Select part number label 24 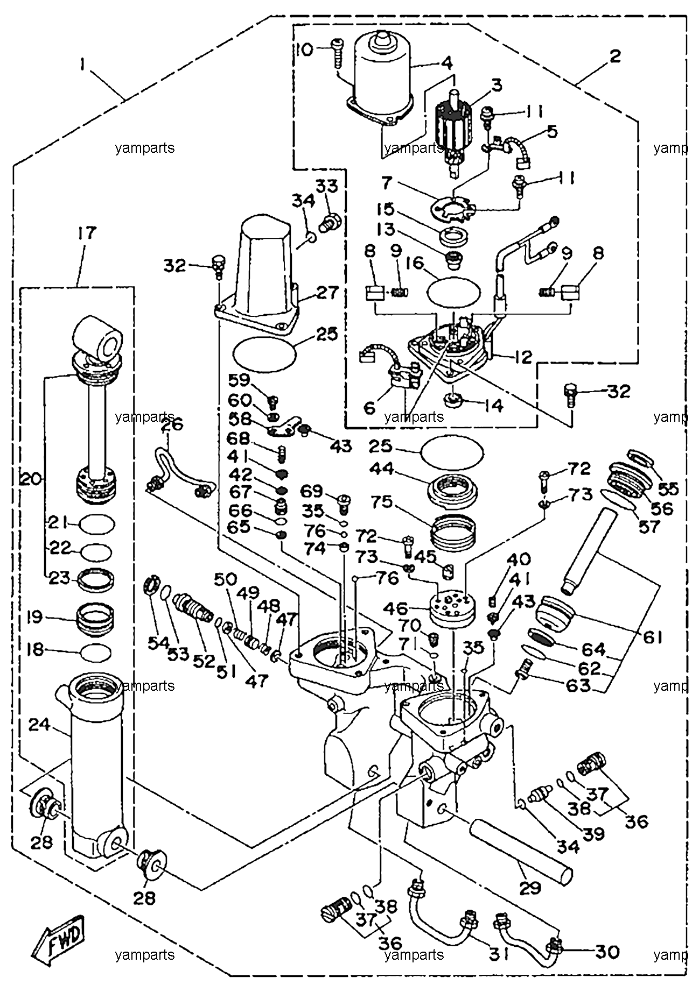click(x=39, y=725)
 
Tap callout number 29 click(x=530, y=887)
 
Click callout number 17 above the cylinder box click(x=87, y=233)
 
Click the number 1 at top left click(x=82, y=65)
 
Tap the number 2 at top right click(x=616, y=56)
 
